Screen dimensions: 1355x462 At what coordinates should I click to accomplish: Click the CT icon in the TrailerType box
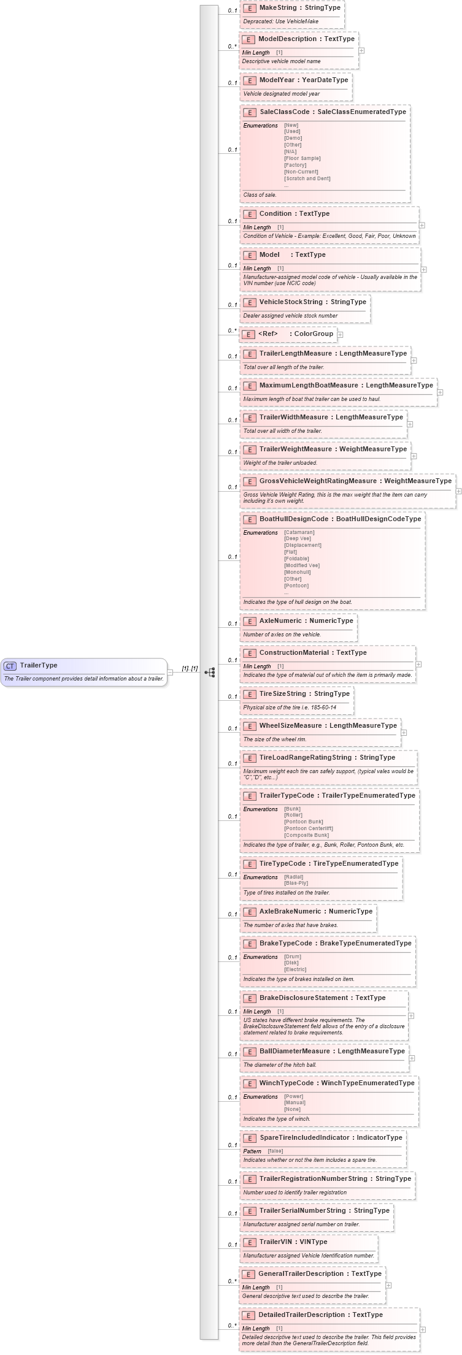[x=10, y=666]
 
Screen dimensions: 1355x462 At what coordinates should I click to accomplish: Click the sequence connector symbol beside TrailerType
[x=210, y=672]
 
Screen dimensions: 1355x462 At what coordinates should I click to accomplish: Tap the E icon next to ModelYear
[x=250, y=80]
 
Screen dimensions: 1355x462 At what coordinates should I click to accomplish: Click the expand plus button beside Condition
[x=422, y=225]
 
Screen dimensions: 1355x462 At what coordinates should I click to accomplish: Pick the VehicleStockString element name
[x=290, y=302]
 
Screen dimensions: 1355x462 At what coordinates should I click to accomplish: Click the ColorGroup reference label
[x=314, y=334]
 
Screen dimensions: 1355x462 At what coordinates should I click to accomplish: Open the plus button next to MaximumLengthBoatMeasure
[x=440, y=392]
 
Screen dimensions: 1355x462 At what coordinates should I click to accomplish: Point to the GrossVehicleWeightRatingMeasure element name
[x=318, y=481]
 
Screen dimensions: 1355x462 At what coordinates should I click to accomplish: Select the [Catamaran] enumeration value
[x=299, y=532]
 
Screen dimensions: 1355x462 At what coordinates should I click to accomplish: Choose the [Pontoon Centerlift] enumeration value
[x=309, y=828]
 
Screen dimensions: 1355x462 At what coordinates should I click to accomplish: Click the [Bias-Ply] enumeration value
[x=296, y=883]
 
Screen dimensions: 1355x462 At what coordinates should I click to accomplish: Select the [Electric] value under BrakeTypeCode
[x=295, y=969]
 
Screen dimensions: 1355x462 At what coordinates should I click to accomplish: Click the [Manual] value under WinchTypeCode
[x=295, y=1102]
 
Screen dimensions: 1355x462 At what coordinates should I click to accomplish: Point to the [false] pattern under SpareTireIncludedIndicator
[x=275, y=1151]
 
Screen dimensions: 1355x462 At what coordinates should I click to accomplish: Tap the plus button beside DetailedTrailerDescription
[x=422, y=1329]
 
